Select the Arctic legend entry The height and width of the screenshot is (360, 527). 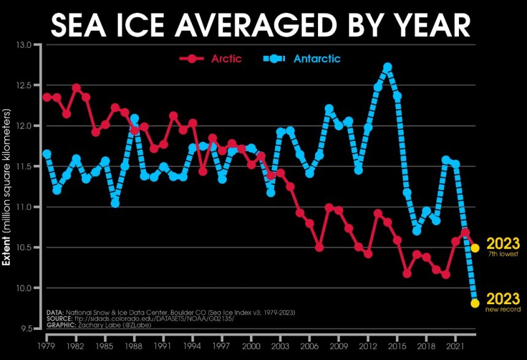pyautogui.click(x=211, y=59)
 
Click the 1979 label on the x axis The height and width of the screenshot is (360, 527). pyautogui.click(x=47, y=338)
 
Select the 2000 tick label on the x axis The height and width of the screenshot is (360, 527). pyautogui.click(x=251, y=338)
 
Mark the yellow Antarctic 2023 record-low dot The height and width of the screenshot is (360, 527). pyautogui.click(x=474, y=303)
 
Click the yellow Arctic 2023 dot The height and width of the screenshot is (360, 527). pyautogui.click(x=474, y=248)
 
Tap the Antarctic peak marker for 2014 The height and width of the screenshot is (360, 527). pyautogui.click(x=387, y=67)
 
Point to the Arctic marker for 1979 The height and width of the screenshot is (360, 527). pyautogui.click(x=47, y=98)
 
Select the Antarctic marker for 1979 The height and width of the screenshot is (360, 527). pyautogui.click(x=47, y=154)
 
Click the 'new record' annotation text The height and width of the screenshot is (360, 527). pyautogui.click(x=503, y=310)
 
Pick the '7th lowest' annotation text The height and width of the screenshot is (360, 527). pyautogui.click(x=503, y=254)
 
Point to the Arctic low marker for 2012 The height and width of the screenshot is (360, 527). pyautogui.click(x=368, y=253)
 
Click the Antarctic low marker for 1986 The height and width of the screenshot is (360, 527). pyautogui.click(x=115, y=203)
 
